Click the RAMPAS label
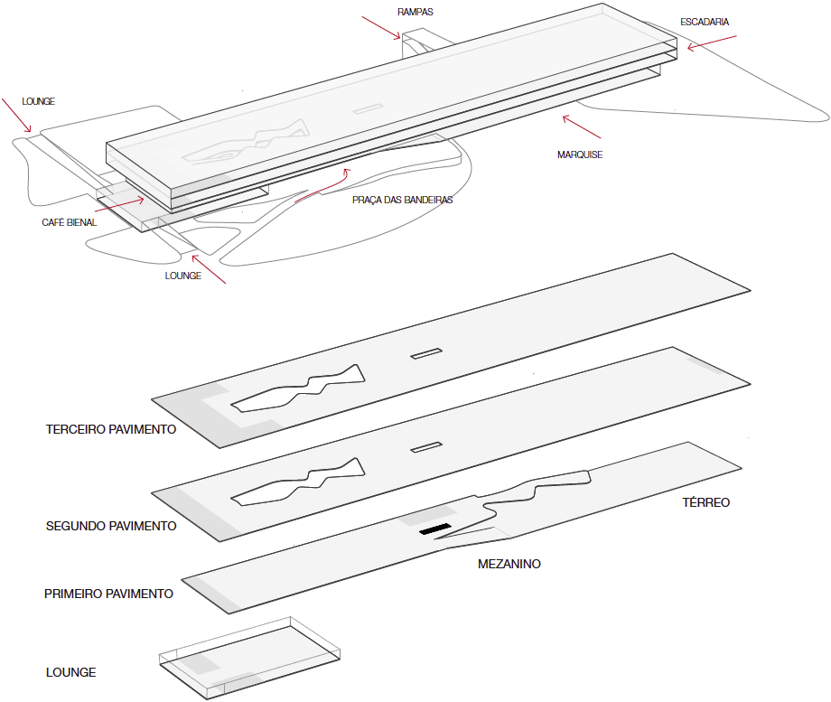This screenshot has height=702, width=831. click(x=415, y=13)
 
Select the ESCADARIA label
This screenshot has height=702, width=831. click(x=705, y=22)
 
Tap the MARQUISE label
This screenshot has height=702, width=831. click(x=580, y=154)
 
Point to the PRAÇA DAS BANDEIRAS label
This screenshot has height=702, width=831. click(x=402, y=200)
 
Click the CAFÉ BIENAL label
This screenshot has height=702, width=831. click(x=69, y=222)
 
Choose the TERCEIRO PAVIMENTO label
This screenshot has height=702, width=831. click(x=111, y=429)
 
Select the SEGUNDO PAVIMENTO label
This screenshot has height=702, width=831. click(x=111, y=525)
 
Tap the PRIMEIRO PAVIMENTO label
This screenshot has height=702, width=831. click(x=108, y=594)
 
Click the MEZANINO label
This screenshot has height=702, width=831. click(x=509, y=564)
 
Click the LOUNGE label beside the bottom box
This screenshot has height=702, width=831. click(x=70, y=672)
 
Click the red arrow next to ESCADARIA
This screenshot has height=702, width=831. click(x=712, y=42)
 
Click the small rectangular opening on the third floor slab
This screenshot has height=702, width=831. click(x=426, y=353)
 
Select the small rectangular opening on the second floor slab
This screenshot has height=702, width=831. click(x=426, y=447)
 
